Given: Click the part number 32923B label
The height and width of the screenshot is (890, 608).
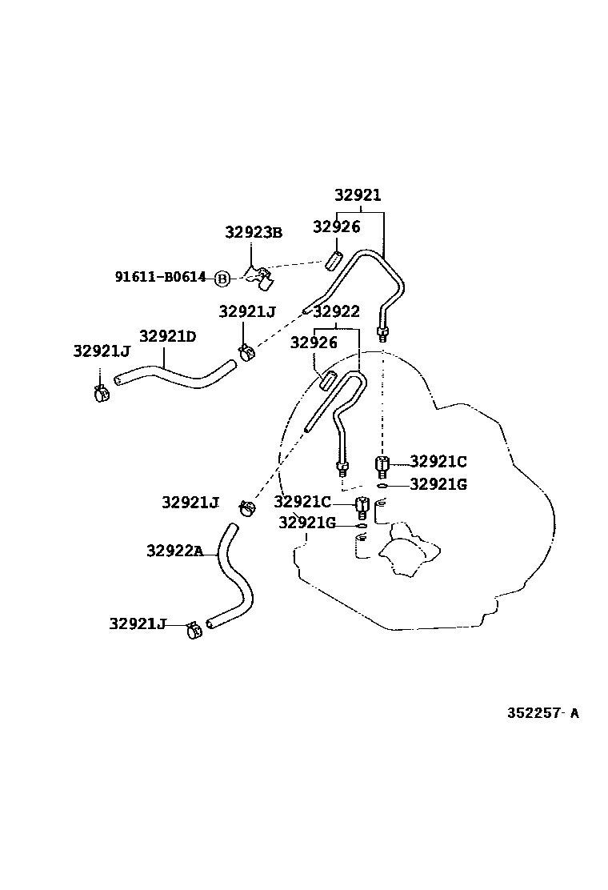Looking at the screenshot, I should click(253, 233).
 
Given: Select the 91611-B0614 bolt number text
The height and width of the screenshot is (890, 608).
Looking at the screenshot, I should click(160, 278).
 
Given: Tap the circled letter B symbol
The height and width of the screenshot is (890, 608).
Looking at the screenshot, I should click(222, 279).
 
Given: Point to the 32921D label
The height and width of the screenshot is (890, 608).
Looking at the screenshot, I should click(167, 336).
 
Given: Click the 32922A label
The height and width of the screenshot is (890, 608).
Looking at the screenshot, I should click(174, 551).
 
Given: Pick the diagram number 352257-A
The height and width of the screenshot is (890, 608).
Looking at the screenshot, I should click(542, 713).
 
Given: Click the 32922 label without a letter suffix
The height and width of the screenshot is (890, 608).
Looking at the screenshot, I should click(336, 311).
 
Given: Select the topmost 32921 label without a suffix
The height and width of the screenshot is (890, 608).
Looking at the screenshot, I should click(358, 195).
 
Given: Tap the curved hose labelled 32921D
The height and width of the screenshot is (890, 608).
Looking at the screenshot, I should click(176, 375).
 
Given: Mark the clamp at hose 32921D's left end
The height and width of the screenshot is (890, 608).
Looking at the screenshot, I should click(101, 391).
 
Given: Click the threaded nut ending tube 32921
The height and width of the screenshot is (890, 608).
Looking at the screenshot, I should click(382, 332).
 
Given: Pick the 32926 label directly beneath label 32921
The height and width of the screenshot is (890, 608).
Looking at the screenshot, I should click(336, 227).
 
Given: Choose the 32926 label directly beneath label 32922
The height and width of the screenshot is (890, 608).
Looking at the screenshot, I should click(314, 343).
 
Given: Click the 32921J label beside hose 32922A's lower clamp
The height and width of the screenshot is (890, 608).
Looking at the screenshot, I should click(137, 623).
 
